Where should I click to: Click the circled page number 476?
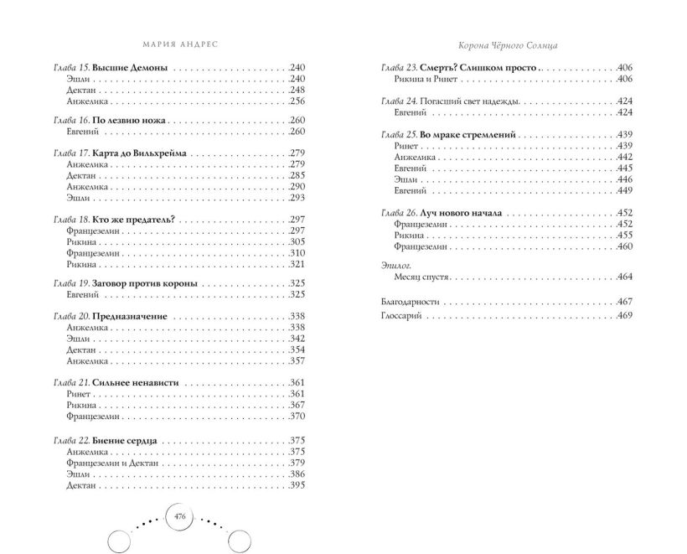pyautogui.click(x=179, y=517)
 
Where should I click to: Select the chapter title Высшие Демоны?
pyautogui.click(x=129, y=66)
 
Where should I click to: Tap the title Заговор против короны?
pyautogui.click(x=144, y=283)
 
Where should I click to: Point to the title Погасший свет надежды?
pyautogui.click(x=467, y=101)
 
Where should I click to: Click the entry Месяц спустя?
pyautogui.click(x=421, y=277)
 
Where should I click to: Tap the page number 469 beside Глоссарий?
pyautogui.click(x=623, y=316)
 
